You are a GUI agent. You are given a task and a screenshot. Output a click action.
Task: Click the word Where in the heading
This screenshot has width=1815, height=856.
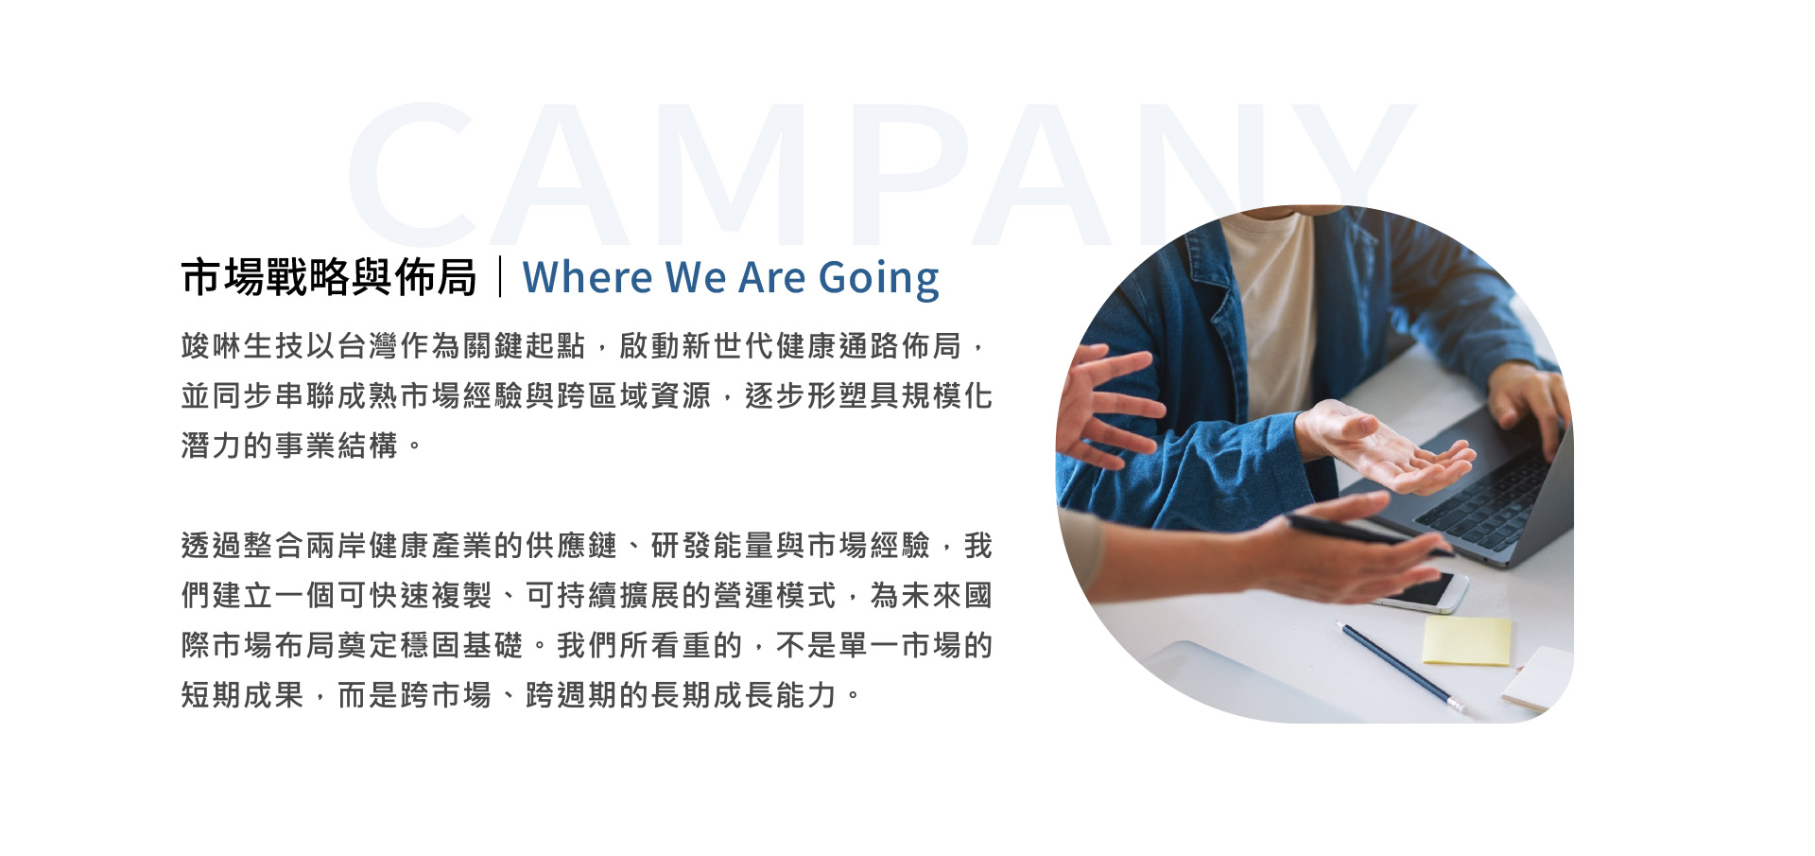point(587,277)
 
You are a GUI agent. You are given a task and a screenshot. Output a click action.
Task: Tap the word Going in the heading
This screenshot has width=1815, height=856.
point(878,279)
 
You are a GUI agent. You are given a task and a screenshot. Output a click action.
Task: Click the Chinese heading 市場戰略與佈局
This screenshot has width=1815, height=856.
point(329,277)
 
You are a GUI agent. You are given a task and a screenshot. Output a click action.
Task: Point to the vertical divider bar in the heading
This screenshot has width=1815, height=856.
point(500,277)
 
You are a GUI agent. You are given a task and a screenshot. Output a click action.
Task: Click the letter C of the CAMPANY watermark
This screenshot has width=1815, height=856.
point(412,174)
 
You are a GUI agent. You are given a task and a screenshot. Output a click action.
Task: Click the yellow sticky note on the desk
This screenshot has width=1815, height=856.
point(1466,640)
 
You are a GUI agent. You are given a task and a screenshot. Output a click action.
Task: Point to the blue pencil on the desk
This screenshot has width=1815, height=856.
point(1401,667)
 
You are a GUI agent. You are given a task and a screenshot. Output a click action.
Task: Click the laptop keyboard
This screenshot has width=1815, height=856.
point(1491,497)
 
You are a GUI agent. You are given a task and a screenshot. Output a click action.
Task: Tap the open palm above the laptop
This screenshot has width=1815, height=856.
point(1385,449)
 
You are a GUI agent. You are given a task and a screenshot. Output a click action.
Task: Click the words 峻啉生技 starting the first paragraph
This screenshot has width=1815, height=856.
point(243,346)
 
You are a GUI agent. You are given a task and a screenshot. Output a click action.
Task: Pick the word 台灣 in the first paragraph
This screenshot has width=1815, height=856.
point(368,346)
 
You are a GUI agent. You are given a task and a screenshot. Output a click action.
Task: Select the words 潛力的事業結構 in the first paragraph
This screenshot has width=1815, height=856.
point(289,445)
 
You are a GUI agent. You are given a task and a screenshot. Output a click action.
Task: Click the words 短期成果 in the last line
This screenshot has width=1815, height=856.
point(243,695)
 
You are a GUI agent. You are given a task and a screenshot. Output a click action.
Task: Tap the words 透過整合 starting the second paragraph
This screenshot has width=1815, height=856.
point(243,546)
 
